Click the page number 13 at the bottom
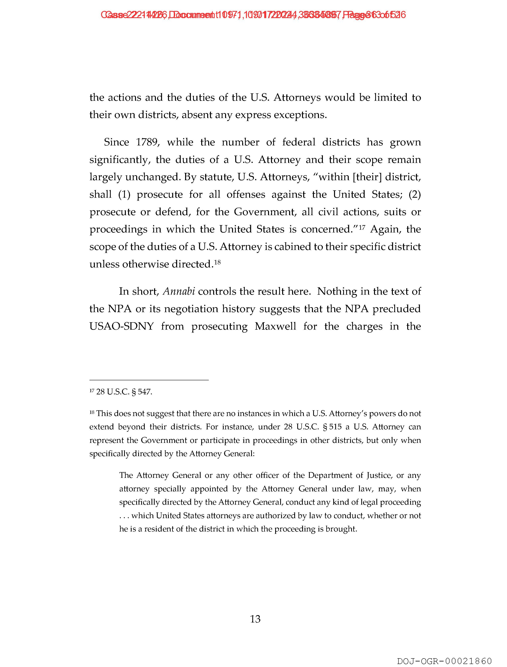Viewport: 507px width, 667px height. [255, 619]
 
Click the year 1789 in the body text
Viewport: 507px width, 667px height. [147, 142]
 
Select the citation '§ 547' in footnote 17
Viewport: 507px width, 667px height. [142, 392]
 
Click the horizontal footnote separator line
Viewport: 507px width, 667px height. [149, 380]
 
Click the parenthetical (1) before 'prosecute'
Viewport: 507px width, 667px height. [124, 195]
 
